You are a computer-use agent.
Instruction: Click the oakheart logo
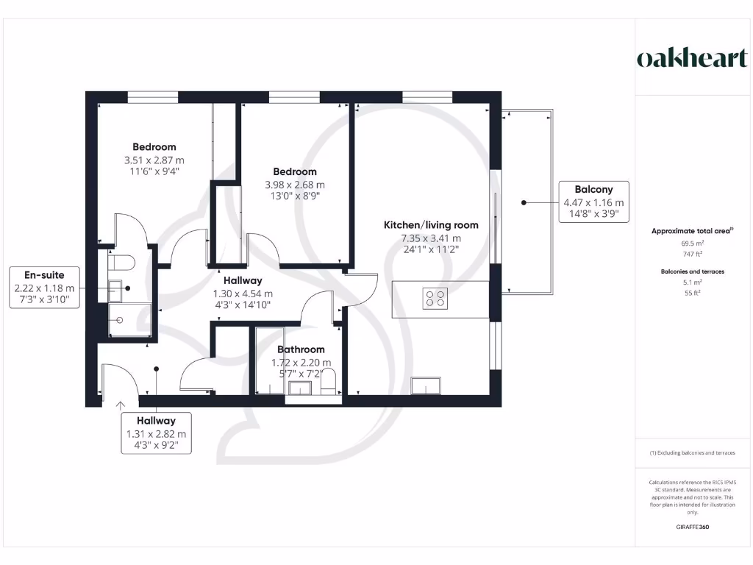[691, 59]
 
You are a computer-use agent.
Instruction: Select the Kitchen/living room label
[431, 225]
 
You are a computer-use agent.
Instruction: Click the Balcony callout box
[593, 202]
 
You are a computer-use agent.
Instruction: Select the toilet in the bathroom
[328, 382]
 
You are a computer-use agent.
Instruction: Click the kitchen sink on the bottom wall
[426, 386]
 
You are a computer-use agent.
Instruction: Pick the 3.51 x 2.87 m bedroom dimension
[154, 160]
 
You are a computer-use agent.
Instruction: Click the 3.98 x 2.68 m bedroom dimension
[295, 185]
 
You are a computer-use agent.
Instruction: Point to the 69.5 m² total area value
[693, 243]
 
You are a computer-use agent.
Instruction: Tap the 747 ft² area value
[693, 254]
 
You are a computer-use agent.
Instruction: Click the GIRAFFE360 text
[692, 527]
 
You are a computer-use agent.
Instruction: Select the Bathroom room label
[301, 349]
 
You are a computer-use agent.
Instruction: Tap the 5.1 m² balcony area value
[693, 282]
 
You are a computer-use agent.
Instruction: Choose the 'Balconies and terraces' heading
[693, 271]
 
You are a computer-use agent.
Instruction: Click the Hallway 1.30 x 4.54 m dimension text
[243, 294]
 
